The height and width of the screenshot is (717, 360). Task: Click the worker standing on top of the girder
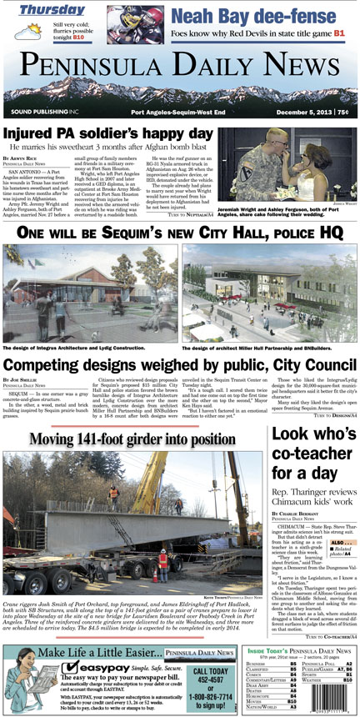coord(113,495)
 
